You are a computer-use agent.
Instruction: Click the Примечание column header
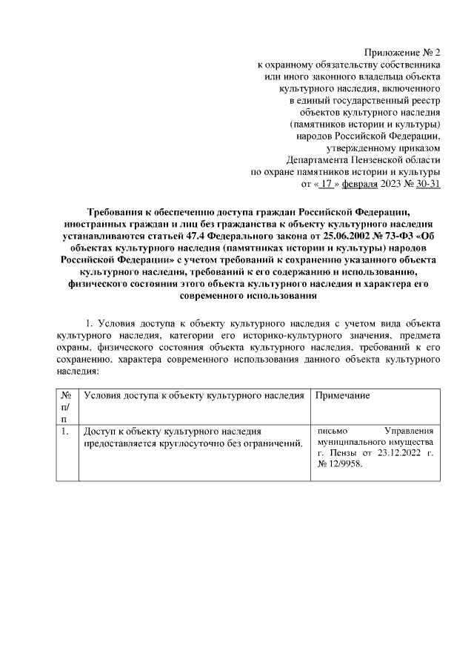pyautogui.click(x=342, y=397)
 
